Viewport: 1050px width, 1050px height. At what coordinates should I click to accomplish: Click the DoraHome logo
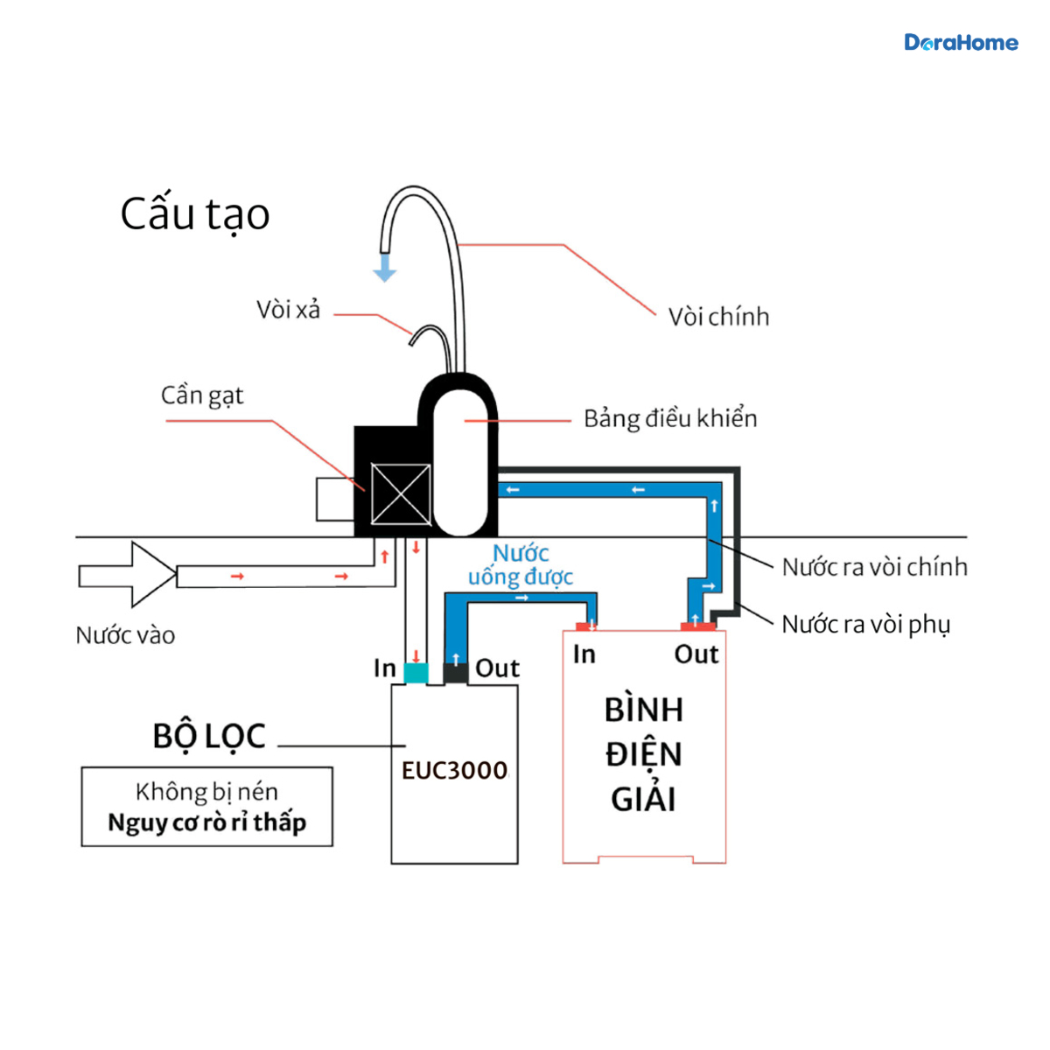961,43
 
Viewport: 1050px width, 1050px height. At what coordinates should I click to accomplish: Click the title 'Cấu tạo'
195,213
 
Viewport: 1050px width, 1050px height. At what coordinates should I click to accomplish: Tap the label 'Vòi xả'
288,310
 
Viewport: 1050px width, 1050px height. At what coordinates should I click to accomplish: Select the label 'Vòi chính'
718,317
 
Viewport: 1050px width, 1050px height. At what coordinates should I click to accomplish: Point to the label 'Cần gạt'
202,395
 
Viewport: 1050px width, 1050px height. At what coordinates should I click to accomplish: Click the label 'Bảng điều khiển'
671,418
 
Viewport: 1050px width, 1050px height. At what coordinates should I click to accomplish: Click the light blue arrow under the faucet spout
385,268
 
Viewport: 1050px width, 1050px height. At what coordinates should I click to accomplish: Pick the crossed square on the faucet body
401,493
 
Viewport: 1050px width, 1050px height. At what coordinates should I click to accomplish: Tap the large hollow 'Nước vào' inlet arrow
128,574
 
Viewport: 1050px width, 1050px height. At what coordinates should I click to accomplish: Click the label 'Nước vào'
125,635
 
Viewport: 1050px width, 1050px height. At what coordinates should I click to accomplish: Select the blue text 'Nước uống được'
521,565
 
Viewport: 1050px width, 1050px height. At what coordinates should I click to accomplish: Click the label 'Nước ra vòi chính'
874,567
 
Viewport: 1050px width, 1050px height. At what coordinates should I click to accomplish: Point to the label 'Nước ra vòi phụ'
866,625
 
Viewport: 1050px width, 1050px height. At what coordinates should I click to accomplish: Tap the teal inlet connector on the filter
416,673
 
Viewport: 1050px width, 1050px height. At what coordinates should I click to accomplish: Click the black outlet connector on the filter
456,673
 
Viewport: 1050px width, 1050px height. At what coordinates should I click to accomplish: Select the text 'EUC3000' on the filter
454,771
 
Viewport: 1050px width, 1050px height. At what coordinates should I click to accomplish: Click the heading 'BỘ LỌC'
209,736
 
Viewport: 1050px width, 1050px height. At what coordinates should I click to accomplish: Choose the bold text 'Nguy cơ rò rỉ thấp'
207,822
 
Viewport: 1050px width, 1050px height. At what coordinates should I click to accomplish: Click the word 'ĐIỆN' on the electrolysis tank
643,753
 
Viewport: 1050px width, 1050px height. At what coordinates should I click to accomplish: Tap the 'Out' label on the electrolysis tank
696,654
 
